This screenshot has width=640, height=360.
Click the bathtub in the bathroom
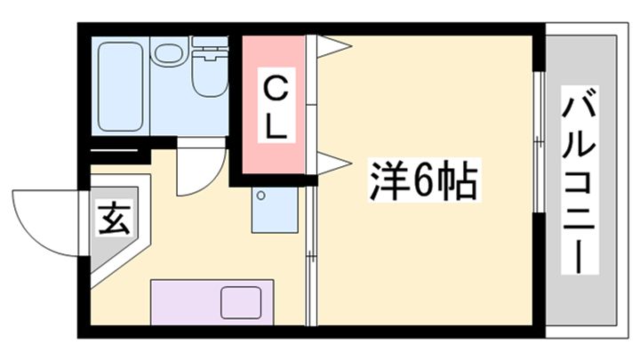coord(121,85)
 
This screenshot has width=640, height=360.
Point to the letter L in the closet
coord(276,126)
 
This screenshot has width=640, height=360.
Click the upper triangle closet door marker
coord(330,44)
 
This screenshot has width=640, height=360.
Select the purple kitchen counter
coord(214,299)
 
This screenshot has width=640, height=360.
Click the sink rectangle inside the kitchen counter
coord(239,301)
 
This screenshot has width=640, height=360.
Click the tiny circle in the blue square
coord(261,195)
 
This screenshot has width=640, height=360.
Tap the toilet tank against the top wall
coord(210,44)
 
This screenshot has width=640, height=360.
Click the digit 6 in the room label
coord(424,183)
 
